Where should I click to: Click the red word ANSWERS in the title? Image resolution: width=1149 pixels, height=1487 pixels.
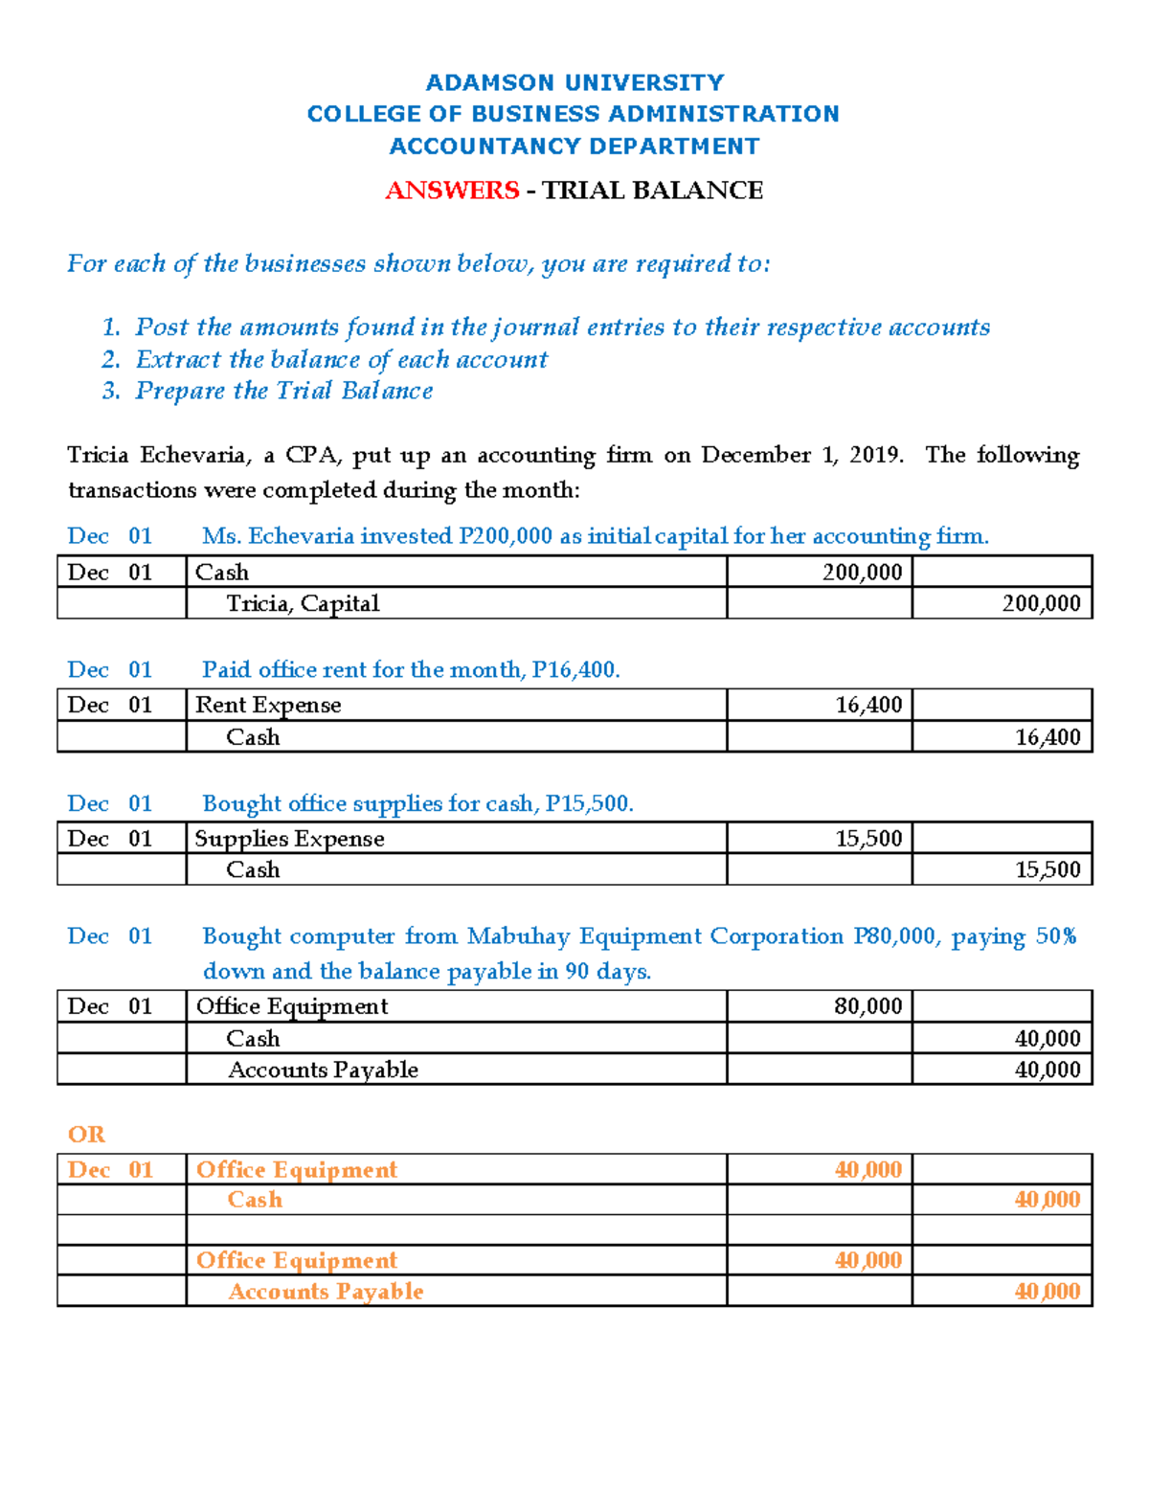pos(452,191)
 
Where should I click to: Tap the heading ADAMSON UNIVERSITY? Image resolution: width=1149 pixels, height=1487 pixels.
pos(574,82)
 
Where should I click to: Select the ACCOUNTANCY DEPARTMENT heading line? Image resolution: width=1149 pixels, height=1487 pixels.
pos(574,146)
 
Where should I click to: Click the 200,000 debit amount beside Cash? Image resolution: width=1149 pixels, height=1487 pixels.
pos(862,573)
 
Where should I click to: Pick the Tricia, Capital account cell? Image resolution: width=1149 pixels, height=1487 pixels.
pos(303,603)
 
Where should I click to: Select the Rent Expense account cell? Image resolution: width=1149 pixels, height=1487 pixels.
pos(268,706)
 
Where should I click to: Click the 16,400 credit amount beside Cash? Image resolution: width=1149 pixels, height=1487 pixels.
pos(1048,737)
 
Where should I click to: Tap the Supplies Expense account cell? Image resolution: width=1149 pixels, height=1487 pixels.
pos(289,839)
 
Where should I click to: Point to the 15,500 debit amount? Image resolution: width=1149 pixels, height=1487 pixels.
pos(868,839)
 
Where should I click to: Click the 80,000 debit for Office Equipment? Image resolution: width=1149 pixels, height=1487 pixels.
pos(867,1006)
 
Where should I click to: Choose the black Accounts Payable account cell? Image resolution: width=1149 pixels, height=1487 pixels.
pos(323,1070)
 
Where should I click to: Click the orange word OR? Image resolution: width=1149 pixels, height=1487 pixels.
pos(86,1135)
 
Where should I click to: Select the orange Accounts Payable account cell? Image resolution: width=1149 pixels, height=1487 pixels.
pos(326,1292)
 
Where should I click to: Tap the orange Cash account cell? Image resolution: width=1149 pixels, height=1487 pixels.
pos(255,1200)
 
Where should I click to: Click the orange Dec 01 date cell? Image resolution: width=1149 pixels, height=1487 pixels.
pos(110,1170)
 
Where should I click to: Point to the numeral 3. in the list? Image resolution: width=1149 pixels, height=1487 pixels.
pos(111,391)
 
